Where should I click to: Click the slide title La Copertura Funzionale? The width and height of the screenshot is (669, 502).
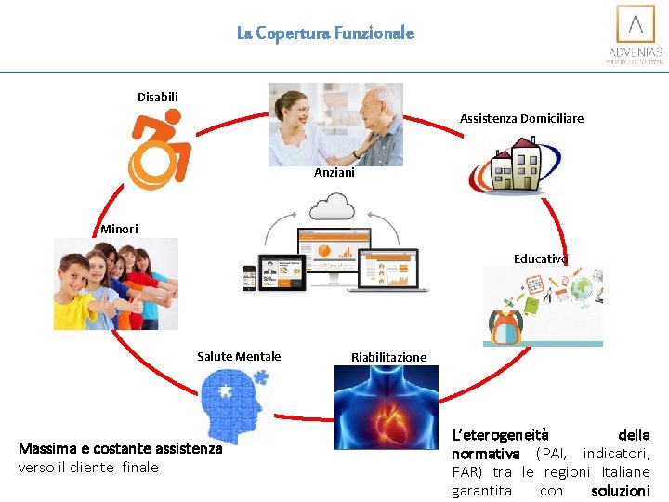point(325,33)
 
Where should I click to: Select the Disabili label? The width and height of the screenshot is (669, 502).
point(158,97)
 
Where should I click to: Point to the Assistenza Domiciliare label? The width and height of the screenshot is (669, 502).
point(521,118)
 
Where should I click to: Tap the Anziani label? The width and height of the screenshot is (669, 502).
point(334,173)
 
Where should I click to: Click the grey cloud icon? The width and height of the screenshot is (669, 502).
point(332,205)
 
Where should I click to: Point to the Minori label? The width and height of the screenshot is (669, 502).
point(119,229)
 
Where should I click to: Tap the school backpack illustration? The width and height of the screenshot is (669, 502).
point(507,326)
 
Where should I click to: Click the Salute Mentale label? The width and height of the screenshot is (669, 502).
point(239,356)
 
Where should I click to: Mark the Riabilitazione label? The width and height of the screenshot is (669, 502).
point(388,357)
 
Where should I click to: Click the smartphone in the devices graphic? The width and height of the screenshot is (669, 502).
point(249,277)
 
